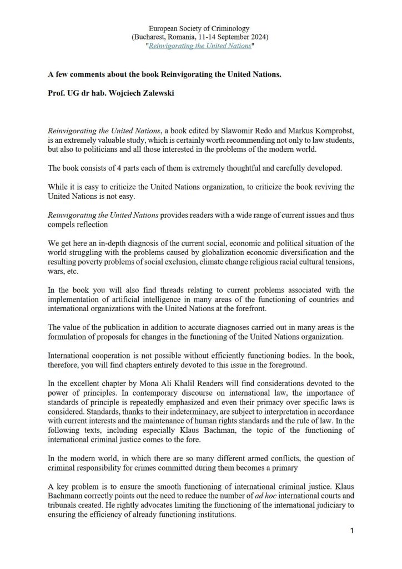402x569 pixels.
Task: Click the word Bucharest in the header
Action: [x=150, y=37]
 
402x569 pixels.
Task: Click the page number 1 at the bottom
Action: [x=352, y=531]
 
